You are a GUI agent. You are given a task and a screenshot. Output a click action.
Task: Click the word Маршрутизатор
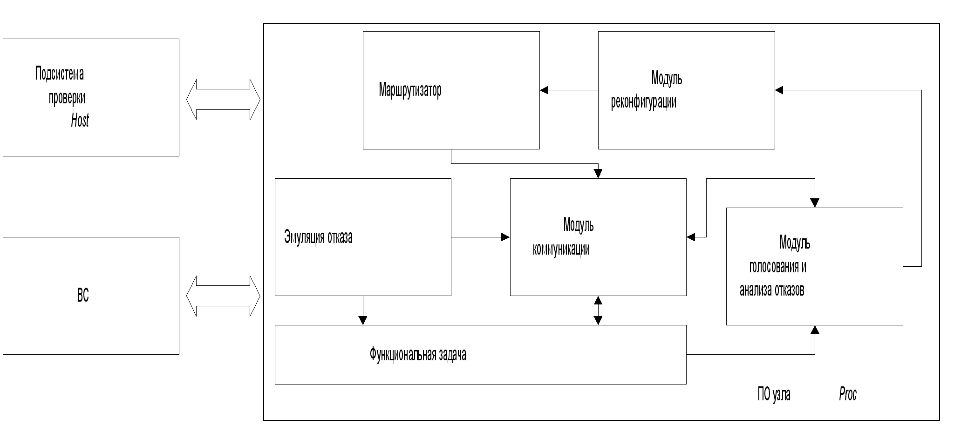(410, 90)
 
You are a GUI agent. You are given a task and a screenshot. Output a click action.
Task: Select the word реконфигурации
(643, 102)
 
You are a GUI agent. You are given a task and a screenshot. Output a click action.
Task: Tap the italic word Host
(80, 121)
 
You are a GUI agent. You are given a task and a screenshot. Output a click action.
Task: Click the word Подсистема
(60, 74)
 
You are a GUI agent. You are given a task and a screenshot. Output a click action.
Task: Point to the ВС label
(83, 296)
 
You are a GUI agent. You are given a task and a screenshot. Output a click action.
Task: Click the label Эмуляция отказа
(318, 237)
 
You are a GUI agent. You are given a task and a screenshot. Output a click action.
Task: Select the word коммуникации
(561, 249)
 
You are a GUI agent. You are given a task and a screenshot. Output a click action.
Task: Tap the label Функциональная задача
(418, 355)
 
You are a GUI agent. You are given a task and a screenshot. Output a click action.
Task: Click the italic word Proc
(848, 394)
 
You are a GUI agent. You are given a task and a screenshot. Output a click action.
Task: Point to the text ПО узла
(774, 394)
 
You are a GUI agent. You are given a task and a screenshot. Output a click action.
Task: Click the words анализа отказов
(772, 290)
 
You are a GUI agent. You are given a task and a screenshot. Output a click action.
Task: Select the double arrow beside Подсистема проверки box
(223, 100)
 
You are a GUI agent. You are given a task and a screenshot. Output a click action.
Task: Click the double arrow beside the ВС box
(223, 296)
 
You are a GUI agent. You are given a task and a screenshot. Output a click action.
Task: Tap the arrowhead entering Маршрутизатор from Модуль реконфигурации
(544, 90)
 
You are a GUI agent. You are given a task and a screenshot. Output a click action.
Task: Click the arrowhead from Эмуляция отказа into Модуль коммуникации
(505, 237)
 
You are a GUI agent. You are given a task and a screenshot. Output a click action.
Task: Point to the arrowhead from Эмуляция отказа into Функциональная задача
(363, 320)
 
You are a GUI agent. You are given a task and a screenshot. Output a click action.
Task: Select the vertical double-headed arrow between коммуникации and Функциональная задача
(598, 310)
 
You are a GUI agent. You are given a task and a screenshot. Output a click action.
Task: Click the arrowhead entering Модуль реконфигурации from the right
(779, 90)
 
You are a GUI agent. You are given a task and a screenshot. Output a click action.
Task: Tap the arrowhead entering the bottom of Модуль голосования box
(815, 330)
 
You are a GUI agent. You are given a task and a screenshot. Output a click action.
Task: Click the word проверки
(67, 98)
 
